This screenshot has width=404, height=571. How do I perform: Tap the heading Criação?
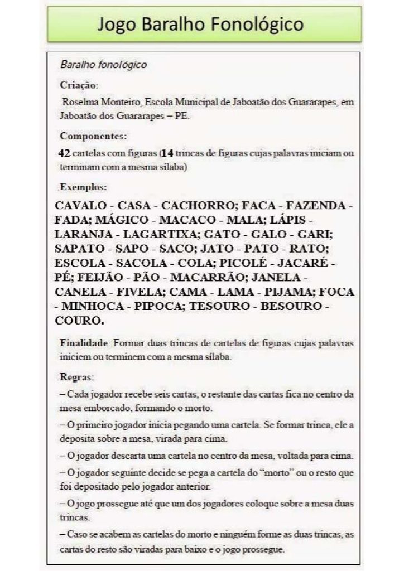79,85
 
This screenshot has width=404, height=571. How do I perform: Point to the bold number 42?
64,152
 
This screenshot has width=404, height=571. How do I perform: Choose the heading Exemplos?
83,187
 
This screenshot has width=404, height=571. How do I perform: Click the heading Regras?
78,376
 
